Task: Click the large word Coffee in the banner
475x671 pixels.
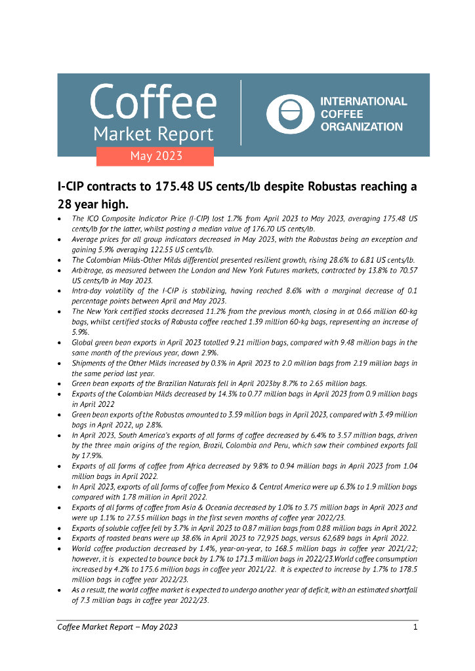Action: [x=153, y=102]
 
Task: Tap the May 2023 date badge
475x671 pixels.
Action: [x=155, y=156]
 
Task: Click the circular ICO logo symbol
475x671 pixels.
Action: [x=289, y=115]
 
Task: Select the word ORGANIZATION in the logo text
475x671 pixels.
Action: [x=361, y=127]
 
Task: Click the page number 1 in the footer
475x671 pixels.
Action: [x=415, y=627]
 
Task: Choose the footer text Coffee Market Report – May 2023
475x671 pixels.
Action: [x=117, y=627]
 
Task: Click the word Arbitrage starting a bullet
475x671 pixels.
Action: [x=90, y=271]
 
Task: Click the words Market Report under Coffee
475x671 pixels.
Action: [x=153, y=134]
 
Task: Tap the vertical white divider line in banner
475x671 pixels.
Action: [x=241, y=113]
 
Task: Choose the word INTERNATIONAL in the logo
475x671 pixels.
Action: [x=363, y=102]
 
